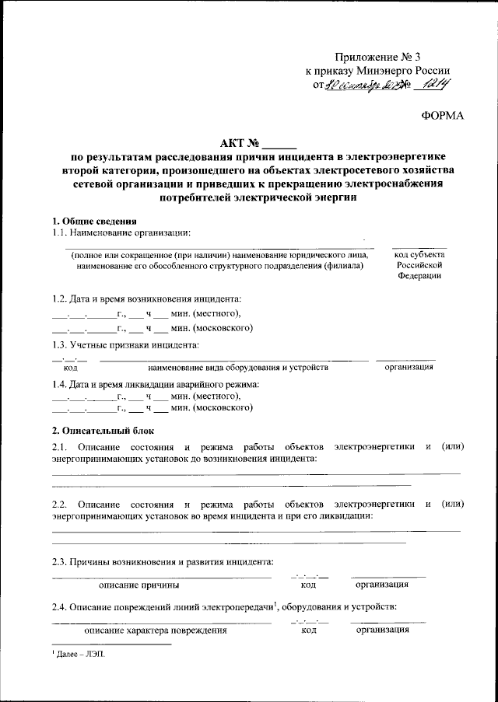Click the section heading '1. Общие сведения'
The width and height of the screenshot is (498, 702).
click(94, 222)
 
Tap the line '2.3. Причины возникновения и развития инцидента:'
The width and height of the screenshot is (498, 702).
click(163, 561)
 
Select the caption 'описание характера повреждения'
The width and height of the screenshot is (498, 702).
click(156, 630)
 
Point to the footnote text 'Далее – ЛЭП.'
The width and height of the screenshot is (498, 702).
click(80, 655)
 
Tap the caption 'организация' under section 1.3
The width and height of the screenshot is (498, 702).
click(409, 367)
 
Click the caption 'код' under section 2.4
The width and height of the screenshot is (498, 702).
click(308, 630)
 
